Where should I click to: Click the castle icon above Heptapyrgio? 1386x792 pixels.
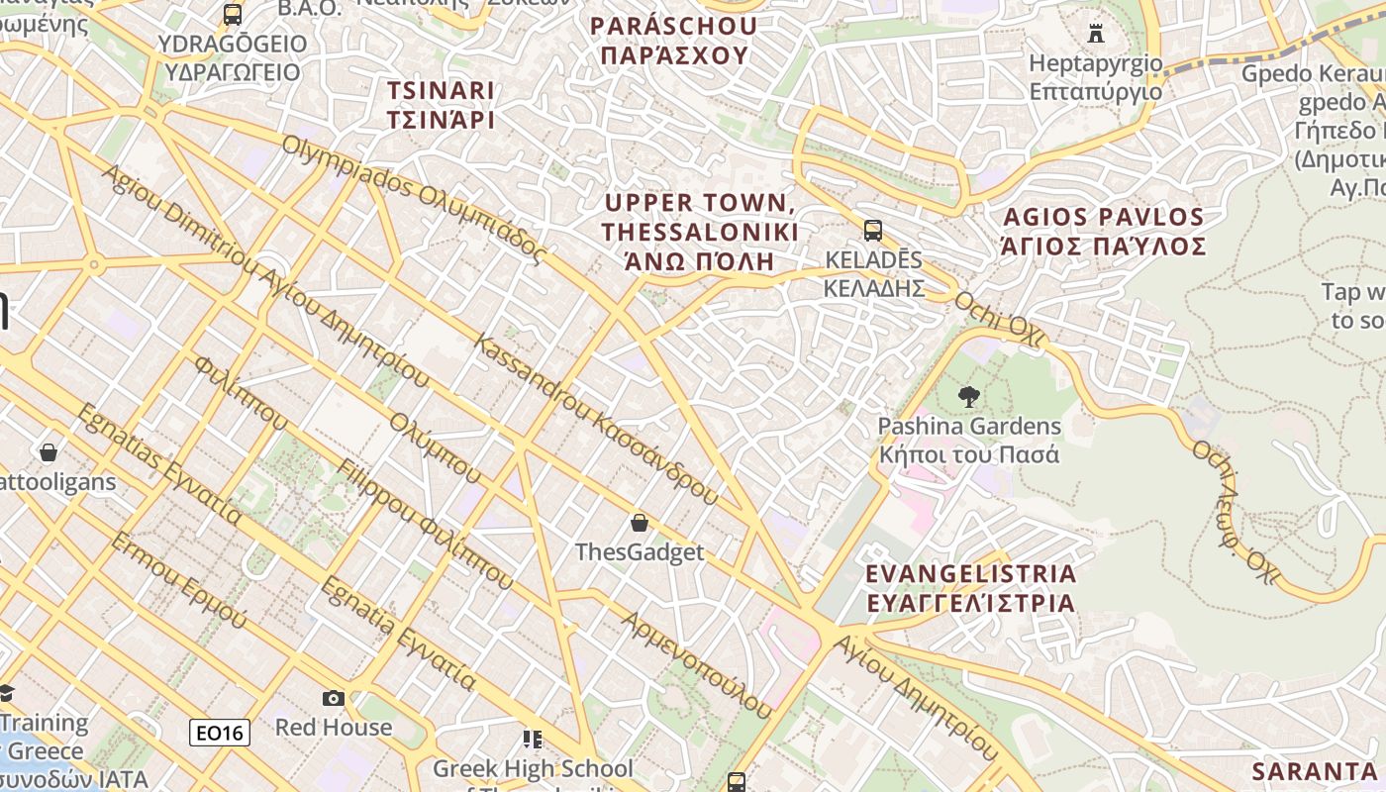click(x=1096, y=33)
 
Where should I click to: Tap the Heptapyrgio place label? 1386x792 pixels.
click(x=1096, y=77)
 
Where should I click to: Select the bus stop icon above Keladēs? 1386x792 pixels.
click(x=872, y=231)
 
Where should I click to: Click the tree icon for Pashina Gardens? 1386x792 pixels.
click(x=969, y=397)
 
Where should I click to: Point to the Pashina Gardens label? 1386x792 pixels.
click(x=970, y=441)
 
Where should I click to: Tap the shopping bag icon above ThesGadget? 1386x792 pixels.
click(x=640, y=522)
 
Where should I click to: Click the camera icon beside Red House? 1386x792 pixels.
click(x=334, y=698)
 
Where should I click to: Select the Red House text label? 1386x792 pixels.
click(x=334, y=728)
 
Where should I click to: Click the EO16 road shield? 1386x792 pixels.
click(x=220, y=733)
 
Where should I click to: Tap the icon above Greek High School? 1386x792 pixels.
click(x=533, y=739)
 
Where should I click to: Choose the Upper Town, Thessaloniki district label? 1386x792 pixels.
click(x=700, y=232)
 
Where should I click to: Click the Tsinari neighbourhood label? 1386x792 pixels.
click(x=441, y=105)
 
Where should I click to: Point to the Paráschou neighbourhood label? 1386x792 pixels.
click(x=674, y=41)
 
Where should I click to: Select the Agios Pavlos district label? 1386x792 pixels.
click(x=1104, y=232)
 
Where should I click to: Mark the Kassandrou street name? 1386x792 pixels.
click(x=596, y=420)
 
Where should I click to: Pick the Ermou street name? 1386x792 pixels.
click(x=179, y=580)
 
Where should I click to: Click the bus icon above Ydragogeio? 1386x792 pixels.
click(x=233, y=15)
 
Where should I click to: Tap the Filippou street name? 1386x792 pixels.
click(x=426, y=525)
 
